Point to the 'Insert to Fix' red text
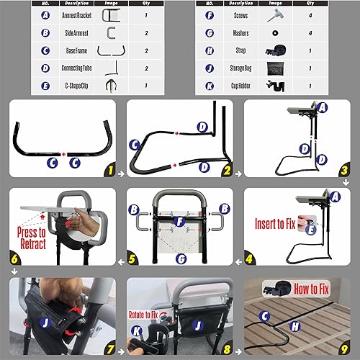[x=276, y=223]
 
